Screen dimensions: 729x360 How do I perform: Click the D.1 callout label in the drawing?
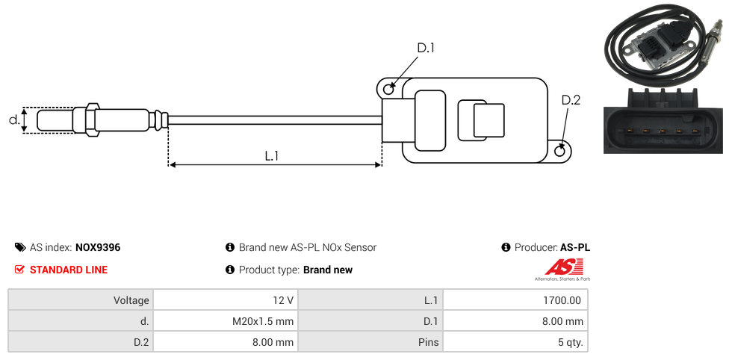(426, 48)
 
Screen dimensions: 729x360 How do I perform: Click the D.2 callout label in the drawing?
(571, 100)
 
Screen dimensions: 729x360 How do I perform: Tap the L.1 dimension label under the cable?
(272, 156)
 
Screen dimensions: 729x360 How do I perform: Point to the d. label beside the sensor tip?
(14, 120)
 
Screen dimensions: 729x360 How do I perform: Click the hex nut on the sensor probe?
(91, 120)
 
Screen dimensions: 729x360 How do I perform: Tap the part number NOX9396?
(98, 247)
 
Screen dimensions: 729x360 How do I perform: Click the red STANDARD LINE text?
(69, 270)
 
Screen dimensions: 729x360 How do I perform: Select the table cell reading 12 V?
(226, 300)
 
